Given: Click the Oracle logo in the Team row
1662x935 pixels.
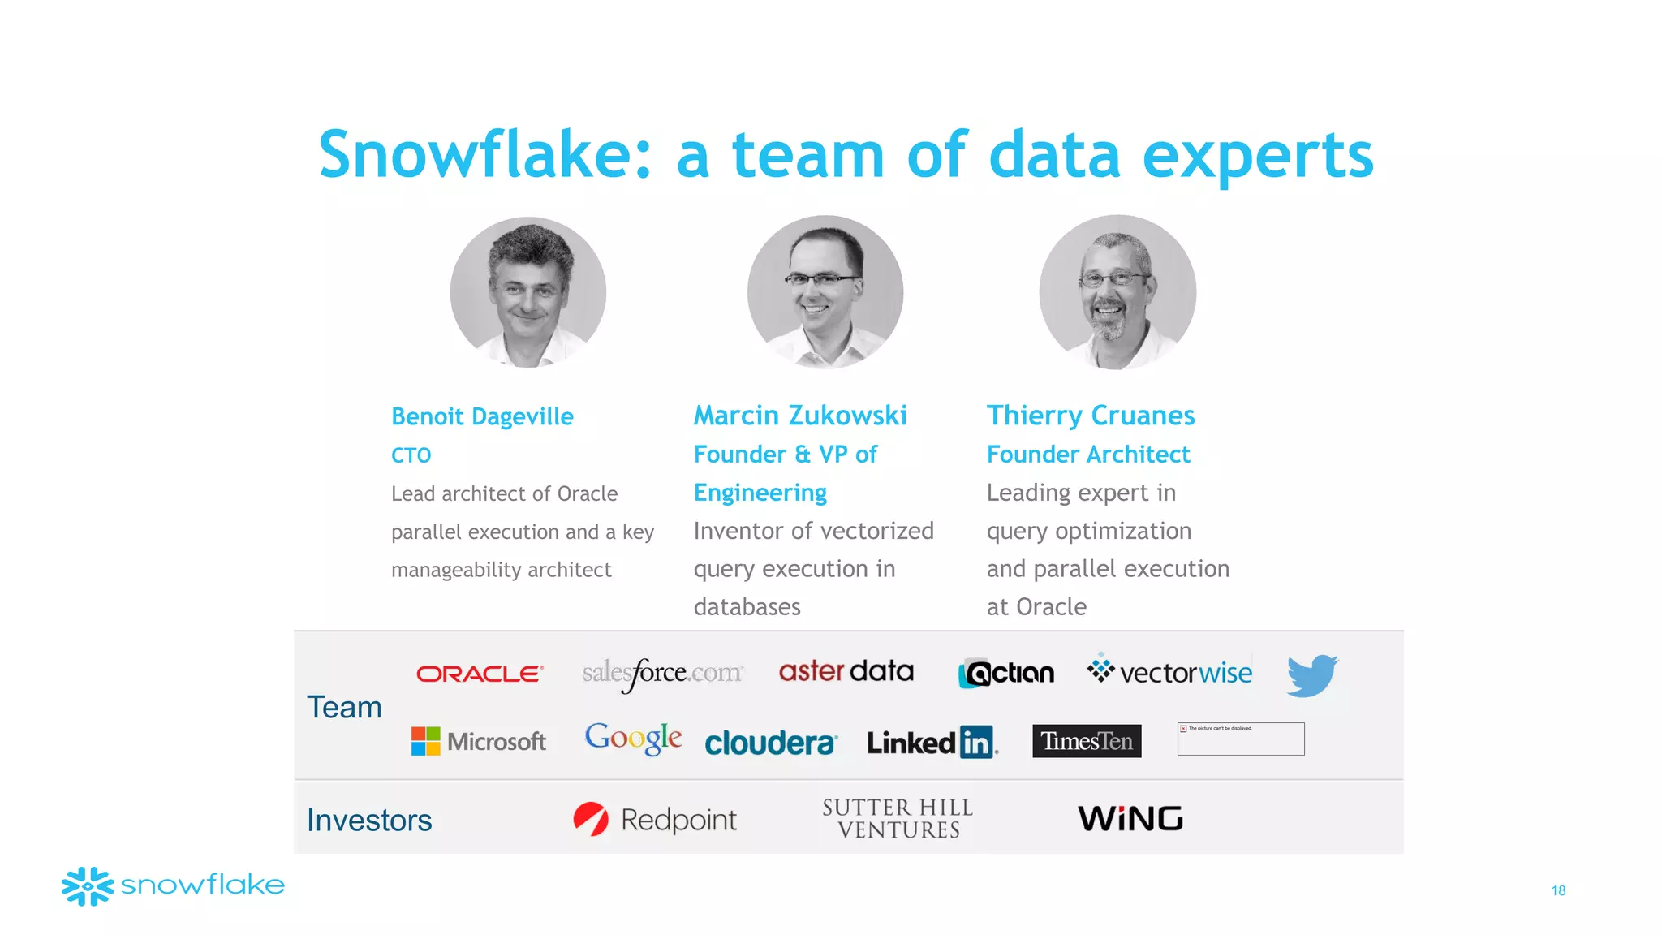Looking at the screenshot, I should (479, 674).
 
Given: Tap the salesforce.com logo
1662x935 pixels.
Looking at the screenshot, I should (662, 674).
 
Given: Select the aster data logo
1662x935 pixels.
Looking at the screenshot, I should (846, 671).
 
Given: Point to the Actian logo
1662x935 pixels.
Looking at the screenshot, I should (1006, 674).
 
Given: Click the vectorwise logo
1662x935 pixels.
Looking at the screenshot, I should (1169, 671).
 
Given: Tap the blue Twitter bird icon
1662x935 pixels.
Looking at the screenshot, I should (1311, 675).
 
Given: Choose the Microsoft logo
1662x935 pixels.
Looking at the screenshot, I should (479, 741).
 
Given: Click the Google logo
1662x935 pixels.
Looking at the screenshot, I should (633, 738).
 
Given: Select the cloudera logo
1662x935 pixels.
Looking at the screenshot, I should (769, 743).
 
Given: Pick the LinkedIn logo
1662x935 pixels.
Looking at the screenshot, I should (932, 742).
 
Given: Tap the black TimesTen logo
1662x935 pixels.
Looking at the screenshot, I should (1087, 741).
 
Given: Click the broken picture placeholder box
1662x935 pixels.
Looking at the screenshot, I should (1241, 739).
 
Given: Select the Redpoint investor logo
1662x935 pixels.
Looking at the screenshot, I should (655, 819).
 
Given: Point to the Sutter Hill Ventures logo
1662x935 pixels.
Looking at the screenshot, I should (898, 818).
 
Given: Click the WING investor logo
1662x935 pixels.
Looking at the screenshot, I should (1130, 818).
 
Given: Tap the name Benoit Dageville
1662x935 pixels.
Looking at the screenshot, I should (482, 416).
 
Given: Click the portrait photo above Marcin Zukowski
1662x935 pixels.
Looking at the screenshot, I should (825, 292).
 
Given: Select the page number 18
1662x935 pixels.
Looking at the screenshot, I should (1558, 890).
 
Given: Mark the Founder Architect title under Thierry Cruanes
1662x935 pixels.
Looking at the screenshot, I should (1088, 455).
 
